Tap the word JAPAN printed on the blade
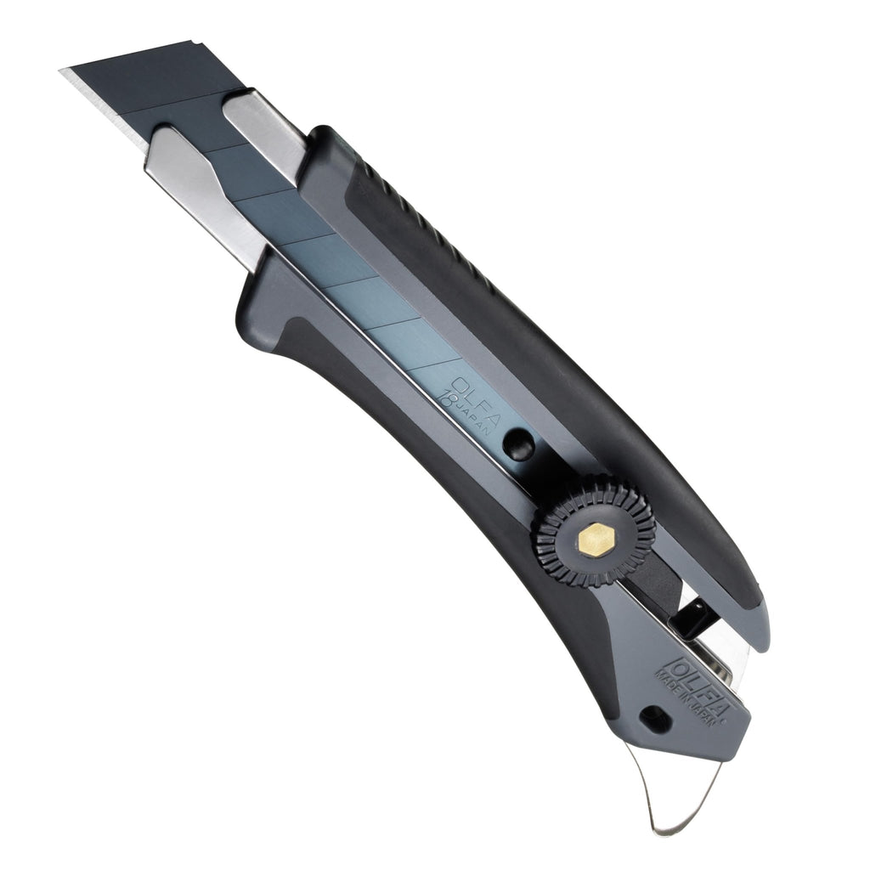pyautogui.click(x=471, y=420)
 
